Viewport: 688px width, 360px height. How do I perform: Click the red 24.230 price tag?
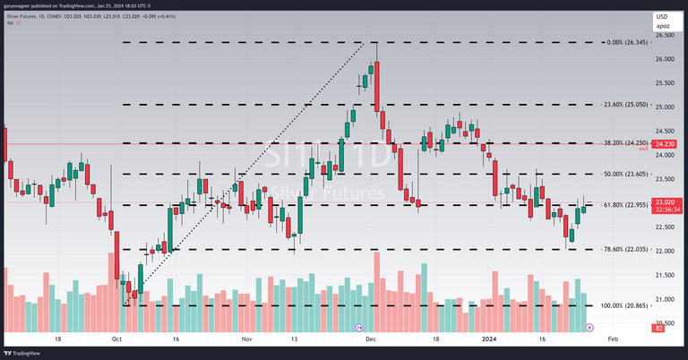(665, 143)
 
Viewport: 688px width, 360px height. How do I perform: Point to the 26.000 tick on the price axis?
(665, 59)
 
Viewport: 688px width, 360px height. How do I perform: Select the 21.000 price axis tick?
(665, 299)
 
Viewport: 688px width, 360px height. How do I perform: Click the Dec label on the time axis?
(371, 340)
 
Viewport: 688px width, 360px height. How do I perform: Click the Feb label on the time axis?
(613, 340)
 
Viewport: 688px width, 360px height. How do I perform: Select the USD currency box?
(662, 16)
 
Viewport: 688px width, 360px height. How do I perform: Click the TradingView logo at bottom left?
(26, 353)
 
